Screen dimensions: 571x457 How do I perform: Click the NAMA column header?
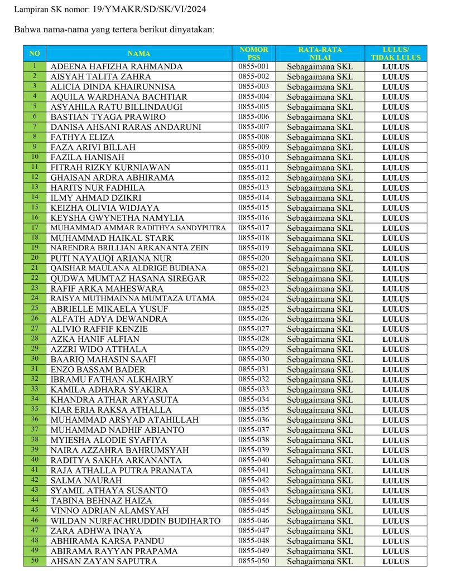click(x=139, y=54)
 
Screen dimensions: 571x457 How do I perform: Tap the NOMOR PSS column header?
click(x=253, y=54)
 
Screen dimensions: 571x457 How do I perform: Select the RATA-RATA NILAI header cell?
click(x=320, y=54)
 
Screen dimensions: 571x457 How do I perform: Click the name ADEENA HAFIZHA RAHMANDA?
click(x=117, y=66)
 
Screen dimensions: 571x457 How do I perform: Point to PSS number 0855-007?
click(x=253, y=127)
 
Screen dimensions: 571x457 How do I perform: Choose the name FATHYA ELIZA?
click(x=82, y=137)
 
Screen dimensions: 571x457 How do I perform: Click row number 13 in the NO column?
click(x=35, y=187)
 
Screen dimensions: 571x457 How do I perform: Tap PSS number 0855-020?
click(x=253, y=258)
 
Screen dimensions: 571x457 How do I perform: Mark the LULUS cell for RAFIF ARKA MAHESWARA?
click(x=396, y=289)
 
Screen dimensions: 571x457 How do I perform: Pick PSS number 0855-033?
click(x=253, y=389)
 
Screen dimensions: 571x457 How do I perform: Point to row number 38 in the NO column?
click(x=35, y=439)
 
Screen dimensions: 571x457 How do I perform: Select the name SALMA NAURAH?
click(x=78, y=480)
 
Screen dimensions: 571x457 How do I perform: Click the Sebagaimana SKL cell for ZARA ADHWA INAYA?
click(x=320, y=531)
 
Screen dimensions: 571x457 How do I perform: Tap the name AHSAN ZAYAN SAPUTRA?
click(x=104, y=561)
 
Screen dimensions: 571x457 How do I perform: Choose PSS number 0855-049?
click(x=253, y=550)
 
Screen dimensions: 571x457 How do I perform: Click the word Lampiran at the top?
click(x=30, y=9)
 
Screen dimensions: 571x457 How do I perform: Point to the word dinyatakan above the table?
click(x=190, y=29)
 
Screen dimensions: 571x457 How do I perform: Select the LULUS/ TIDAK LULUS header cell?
click(x=396, y=54)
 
